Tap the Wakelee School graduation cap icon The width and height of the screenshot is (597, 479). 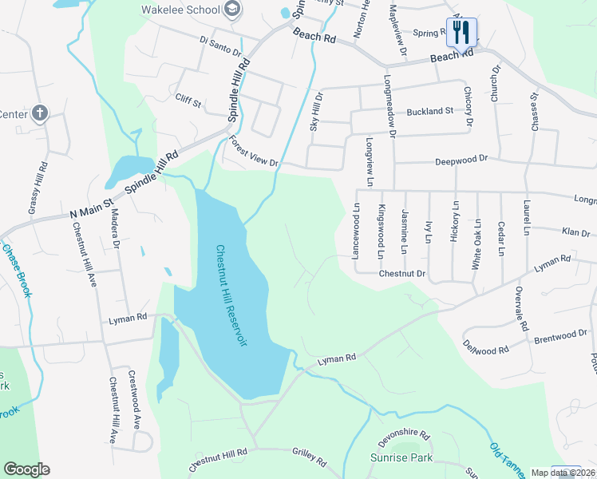click(x=233, y=10)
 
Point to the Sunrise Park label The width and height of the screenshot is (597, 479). click(x=401, y=457)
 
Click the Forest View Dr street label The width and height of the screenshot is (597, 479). click(x=253, y=151)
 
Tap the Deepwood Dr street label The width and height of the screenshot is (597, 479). click(x=461, y=160)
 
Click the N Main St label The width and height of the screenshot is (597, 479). click(x=93, y=210)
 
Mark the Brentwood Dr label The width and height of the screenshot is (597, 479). click(x=560, y=336)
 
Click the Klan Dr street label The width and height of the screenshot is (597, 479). click(x=575, y=232)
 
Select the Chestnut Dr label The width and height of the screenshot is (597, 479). click(x=403, y=273)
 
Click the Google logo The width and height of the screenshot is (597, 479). click(x=26, y=469)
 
